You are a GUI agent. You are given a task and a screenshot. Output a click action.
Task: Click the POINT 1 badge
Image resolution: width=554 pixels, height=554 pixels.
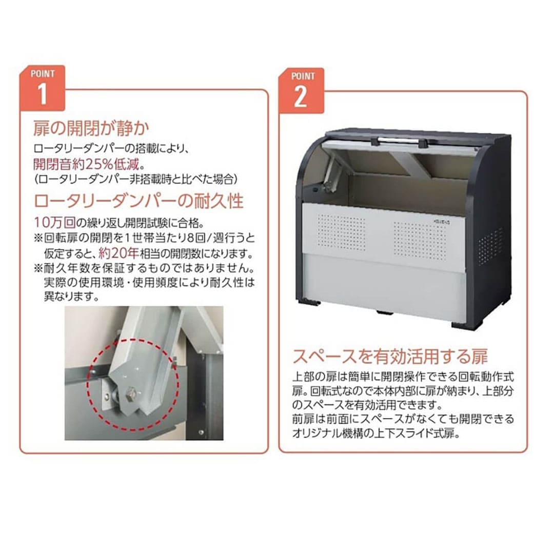43,88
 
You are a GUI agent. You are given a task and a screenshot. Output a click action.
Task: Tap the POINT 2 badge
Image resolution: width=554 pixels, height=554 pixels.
302,91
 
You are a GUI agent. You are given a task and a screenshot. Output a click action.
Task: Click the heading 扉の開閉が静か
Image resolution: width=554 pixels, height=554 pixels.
91,128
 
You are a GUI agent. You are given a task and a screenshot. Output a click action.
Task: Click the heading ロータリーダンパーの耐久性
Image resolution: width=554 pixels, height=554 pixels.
138,201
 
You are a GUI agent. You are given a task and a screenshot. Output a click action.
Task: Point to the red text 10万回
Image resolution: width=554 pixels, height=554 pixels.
55,222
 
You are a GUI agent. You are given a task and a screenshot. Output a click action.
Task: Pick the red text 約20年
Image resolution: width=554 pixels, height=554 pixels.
118,253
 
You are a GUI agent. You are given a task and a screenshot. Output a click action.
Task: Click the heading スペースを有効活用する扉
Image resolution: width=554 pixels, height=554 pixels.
390,356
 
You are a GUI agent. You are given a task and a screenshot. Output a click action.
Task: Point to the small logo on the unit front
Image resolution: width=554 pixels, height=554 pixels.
441,223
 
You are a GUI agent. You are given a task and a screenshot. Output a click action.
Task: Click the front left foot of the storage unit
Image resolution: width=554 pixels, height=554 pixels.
309,303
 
